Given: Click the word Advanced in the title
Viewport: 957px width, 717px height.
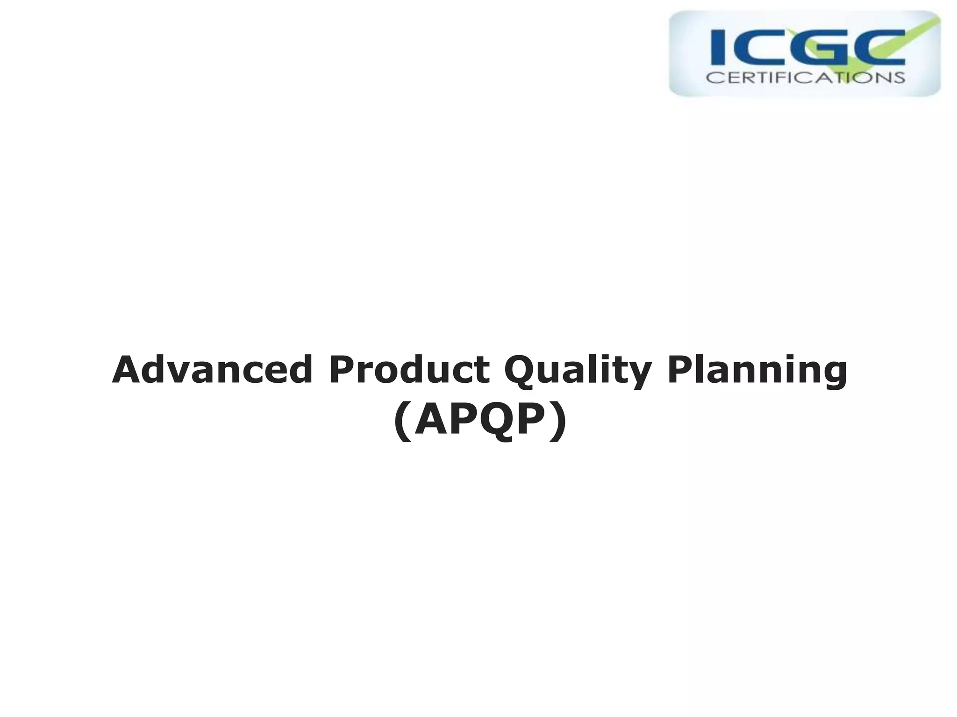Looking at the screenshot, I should (212, 370).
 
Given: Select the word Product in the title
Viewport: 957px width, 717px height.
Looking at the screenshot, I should (409, 370).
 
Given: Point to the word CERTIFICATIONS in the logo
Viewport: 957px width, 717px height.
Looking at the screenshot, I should (805, 77).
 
